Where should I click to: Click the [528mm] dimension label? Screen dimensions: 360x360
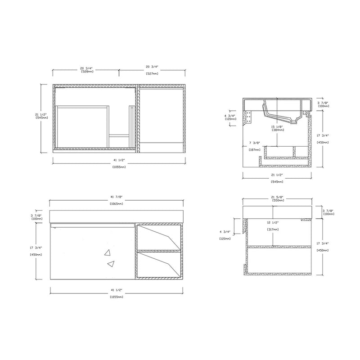[x=86, y=72]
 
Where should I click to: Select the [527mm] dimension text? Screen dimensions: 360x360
[x=152, y=72]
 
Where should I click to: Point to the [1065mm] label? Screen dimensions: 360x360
[x=117, y=204]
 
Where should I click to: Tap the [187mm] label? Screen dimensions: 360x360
[x=255, y=149]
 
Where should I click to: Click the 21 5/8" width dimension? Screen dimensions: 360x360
[x=277, y=196]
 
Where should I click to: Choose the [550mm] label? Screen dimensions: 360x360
[x=277, y=201]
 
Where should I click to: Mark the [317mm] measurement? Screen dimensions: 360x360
[x=272, y=229]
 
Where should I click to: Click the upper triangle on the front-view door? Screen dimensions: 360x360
[x=108, y=253]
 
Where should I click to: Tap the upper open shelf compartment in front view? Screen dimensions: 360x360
[x=159, y=237]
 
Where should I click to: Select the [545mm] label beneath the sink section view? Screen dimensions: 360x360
[x=277, y=182]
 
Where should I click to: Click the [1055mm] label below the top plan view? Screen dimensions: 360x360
[x=119, y=167]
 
